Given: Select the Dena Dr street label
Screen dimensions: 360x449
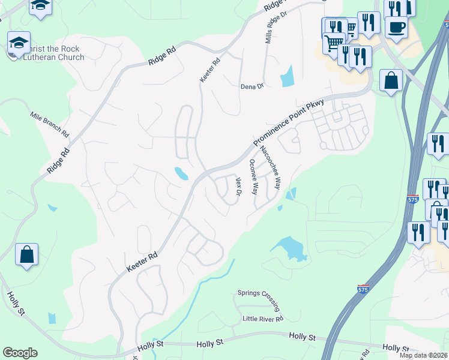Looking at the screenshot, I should (252, 86).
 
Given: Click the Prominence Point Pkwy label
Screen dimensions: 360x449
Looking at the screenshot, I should (288, 124).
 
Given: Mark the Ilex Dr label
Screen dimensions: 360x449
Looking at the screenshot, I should (238, 187).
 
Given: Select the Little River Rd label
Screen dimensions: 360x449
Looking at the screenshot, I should (262, 319).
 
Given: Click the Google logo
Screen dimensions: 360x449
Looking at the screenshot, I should (20, 353).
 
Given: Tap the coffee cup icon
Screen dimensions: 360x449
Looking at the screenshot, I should (396, 27).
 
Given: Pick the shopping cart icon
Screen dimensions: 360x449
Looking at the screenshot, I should (333, 43).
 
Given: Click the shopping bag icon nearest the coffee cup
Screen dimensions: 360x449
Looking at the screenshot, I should (391, 81).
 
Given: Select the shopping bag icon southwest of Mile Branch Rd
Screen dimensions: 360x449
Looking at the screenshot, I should (27, 255).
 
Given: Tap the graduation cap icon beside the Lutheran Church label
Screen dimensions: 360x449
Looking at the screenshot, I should (19, 43).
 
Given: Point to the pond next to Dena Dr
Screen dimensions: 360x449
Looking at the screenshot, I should (288, 76).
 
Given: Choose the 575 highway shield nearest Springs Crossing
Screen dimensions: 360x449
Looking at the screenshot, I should (363, 289).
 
